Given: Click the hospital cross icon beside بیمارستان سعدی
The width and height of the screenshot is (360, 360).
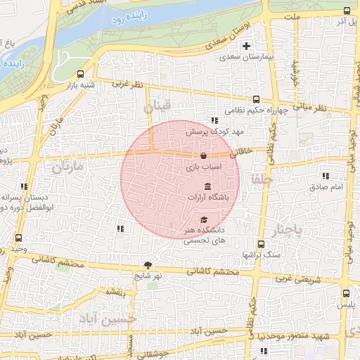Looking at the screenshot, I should pyautogui.click(x=246, y=47).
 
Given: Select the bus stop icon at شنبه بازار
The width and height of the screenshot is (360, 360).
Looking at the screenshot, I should pyautogui.click(x=82, y=73).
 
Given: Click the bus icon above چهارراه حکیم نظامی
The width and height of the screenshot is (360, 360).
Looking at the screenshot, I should pyautogui.click(x=257, y=99).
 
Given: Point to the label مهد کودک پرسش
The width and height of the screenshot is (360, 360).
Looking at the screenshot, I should pyautogui.click(x=209, y=131).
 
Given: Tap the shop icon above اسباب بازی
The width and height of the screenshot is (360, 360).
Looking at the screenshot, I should pyautogui.click(x=203, y=156).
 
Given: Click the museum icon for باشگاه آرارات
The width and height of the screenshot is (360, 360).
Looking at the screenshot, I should pyautogui.click(x=207, y=186).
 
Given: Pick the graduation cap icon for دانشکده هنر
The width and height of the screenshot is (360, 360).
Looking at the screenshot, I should pyautogui.click(x=204, y=221).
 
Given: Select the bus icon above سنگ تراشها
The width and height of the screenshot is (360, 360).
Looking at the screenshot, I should pyautogui.click(x=261, y=244).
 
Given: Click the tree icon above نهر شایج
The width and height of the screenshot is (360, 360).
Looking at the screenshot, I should pyautogui.click(x=148, y=265).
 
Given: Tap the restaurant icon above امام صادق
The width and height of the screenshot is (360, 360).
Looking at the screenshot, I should pyautogui.click(x=325, y=176).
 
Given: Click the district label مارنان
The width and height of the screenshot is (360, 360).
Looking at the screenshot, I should pyautogui.click(x=67, y=167).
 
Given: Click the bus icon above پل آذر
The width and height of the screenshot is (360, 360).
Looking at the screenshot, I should pyautogui.click(x=347, y=10).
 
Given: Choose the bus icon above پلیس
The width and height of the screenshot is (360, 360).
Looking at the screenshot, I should pyautogui.click(x=345, y=293).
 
